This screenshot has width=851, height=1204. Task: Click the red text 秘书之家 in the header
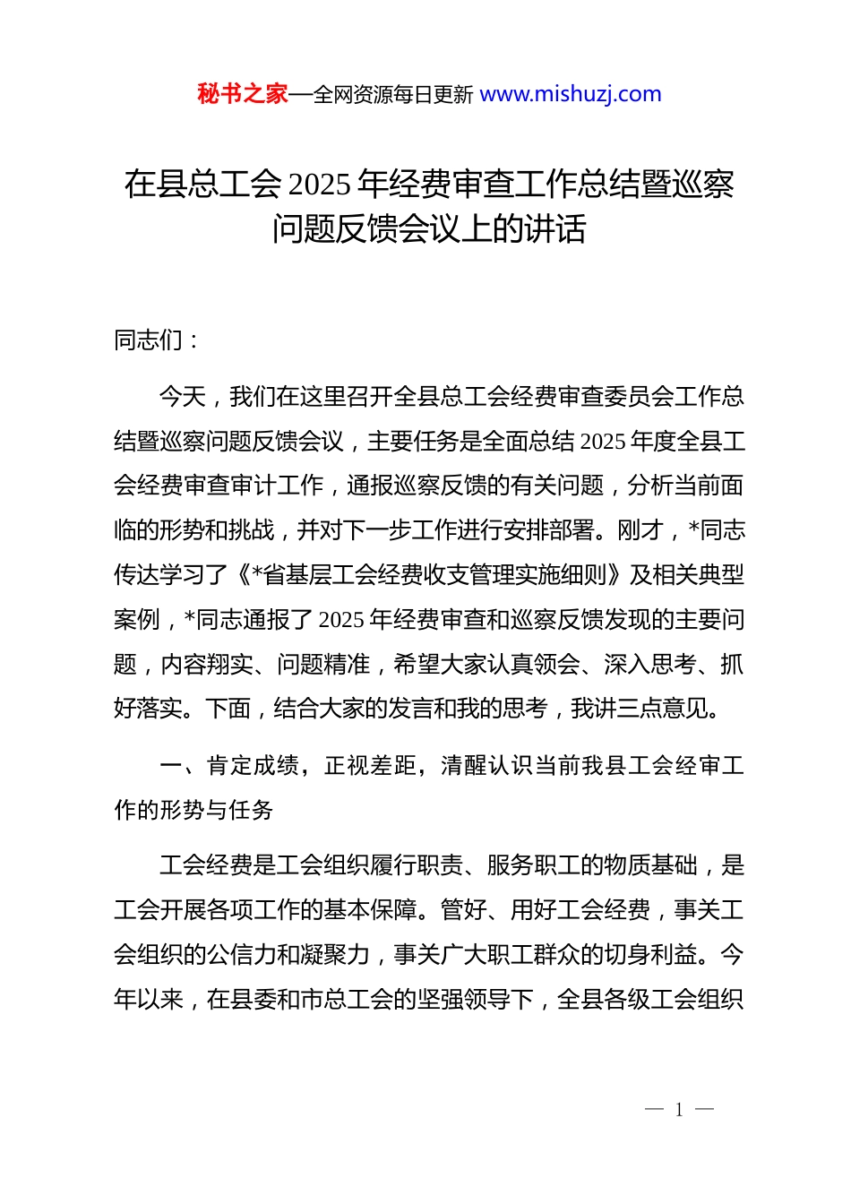[x=243, y=94]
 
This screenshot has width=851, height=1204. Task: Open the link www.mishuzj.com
[x=571, y=94]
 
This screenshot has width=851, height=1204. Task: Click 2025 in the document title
[x=320, y=185]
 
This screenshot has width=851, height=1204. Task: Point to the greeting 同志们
[x=149, y=340]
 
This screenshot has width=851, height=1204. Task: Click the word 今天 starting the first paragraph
[x=183, y=397]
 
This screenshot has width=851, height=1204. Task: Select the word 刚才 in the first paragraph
[x=640, y=530]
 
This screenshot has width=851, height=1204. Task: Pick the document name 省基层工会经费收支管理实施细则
[x=434, y=575]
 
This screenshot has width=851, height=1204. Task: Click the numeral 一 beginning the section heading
[x=171, y=766]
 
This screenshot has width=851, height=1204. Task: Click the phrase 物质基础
[x=650, y=865]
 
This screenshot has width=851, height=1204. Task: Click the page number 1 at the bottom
[x=679, y=1110]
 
